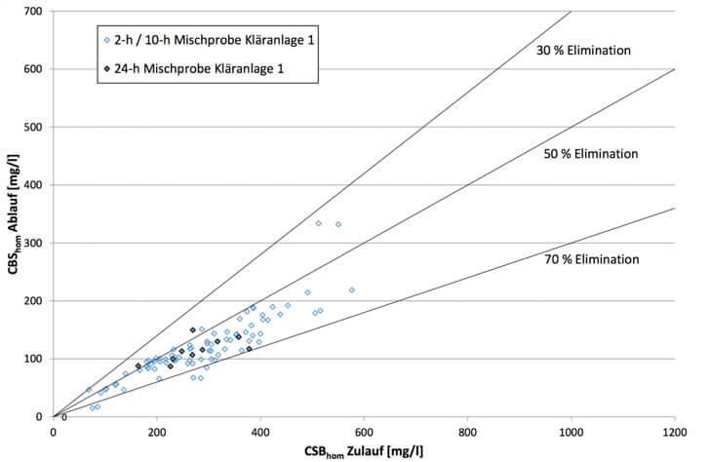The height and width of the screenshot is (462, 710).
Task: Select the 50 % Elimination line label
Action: pos(590,154)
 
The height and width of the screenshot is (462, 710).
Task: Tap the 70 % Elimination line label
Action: pos(592,259)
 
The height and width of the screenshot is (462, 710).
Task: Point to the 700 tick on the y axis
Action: pos(35,11)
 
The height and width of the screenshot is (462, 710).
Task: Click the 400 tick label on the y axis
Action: pos(35,185)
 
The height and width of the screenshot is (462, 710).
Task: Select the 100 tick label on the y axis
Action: pos(35,359)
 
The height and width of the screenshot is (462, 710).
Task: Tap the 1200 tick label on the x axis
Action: pos(674,431)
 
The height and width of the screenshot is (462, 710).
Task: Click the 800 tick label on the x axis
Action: pos(467,431)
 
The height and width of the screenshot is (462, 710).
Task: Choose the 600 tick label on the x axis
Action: pos(364,431)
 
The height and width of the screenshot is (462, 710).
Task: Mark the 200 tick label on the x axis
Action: pos(156,431)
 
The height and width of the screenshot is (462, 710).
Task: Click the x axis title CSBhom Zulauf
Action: pos(364,450)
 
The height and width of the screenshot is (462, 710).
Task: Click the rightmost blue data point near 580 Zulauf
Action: pos(352,289)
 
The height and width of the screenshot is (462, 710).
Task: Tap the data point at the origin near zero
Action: pos(64,417)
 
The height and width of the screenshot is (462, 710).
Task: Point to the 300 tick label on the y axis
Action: pos(35,243)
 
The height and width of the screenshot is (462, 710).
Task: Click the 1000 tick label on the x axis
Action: pos(571,431)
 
